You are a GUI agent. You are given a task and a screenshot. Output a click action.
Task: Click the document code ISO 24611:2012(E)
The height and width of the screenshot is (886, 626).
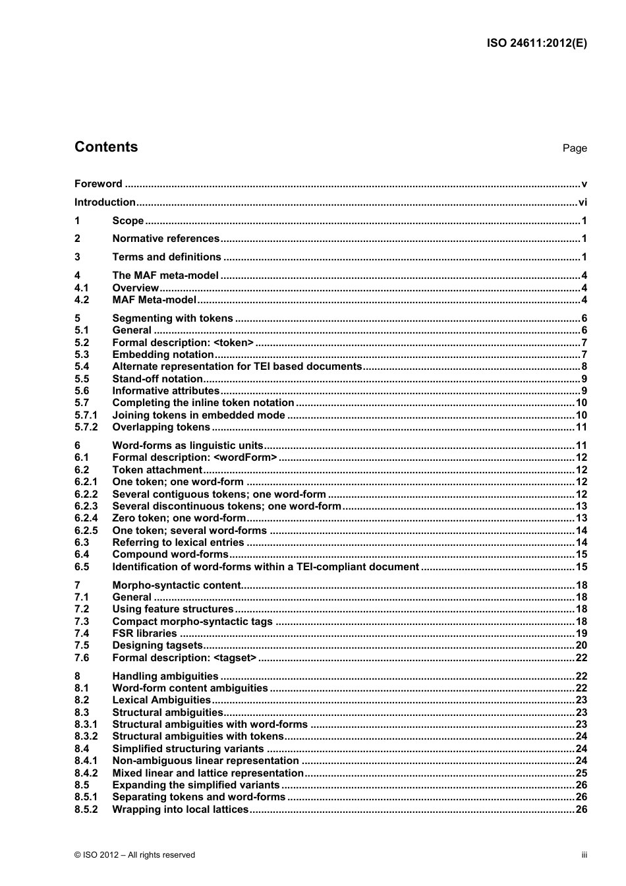[x=536, y=44]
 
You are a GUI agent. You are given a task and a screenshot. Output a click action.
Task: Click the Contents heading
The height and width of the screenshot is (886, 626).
[x=106, y=147]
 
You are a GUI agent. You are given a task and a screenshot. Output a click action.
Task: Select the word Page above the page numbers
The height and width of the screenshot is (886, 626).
[x=574, y=148]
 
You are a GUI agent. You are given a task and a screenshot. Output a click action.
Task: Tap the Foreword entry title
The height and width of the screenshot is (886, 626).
[x=98, y=184]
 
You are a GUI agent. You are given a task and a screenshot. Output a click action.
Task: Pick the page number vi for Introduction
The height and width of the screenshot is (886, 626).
[x=582, y=202]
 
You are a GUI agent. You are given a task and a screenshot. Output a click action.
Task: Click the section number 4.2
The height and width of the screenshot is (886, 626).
[x=82, y=300]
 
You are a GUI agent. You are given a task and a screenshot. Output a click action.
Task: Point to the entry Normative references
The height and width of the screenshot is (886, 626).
[x=165, y=239]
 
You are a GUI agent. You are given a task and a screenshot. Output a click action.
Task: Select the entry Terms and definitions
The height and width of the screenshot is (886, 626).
[x=167, y=257]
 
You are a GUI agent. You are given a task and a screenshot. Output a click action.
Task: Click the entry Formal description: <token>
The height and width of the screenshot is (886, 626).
[x=183, y=343]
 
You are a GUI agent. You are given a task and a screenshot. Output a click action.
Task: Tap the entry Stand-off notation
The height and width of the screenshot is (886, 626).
[x=157, y=379]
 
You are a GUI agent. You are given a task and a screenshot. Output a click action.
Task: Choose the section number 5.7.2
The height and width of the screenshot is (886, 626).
[x=86, y=427]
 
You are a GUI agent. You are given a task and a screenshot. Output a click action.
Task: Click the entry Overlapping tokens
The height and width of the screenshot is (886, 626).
[x=161, y=427]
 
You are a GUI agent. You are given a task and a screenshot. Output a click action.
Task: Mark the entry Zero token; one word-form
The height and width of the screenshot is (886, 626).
[x=179, y=518]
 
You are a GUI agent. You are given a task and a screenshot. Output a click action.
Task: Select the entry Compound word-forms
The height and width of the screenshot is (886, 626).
[x=170, y=554]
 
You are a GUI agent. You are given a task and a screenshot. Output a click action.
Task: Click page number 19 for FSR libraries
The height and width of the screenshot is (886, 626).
[x=581, y=634]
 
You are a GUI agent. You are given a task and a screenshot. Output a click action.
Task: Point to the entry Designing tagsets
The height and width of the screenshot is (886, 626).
[x=157, y=645]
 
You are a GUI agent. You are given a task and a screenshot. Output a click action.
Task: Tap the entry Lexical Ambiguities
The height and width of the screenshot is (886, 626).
[x=161, y=700]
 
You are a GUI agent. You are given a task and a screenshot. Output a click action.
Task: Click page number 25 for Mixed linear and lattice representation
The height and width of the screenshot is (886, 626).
[x=581, y=773]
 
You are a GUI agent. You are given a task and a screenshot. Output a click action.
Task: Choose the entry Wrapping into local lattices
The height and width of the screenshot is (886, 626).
[x=181, y=810]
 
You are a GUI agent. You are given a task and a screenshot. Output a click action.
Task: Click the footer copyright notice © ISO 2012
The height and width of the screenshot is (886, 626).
[x=134, y=855]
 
